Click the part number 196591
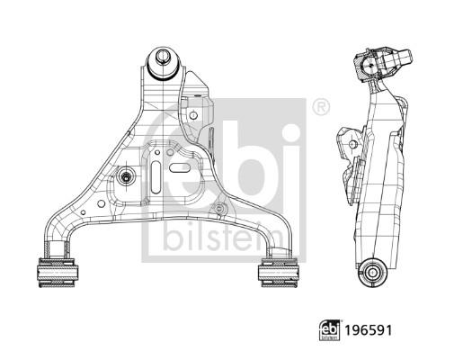368,330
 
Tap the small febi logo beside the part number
330,330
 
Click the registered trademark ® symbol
321,107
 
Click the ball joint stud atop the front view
163,57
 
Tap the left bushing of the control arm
57,273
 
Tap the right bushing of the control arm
279,273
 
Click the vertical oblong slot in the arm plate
156,177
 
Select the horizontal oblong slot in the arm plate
180,167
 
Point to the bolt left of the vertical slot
126,177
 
